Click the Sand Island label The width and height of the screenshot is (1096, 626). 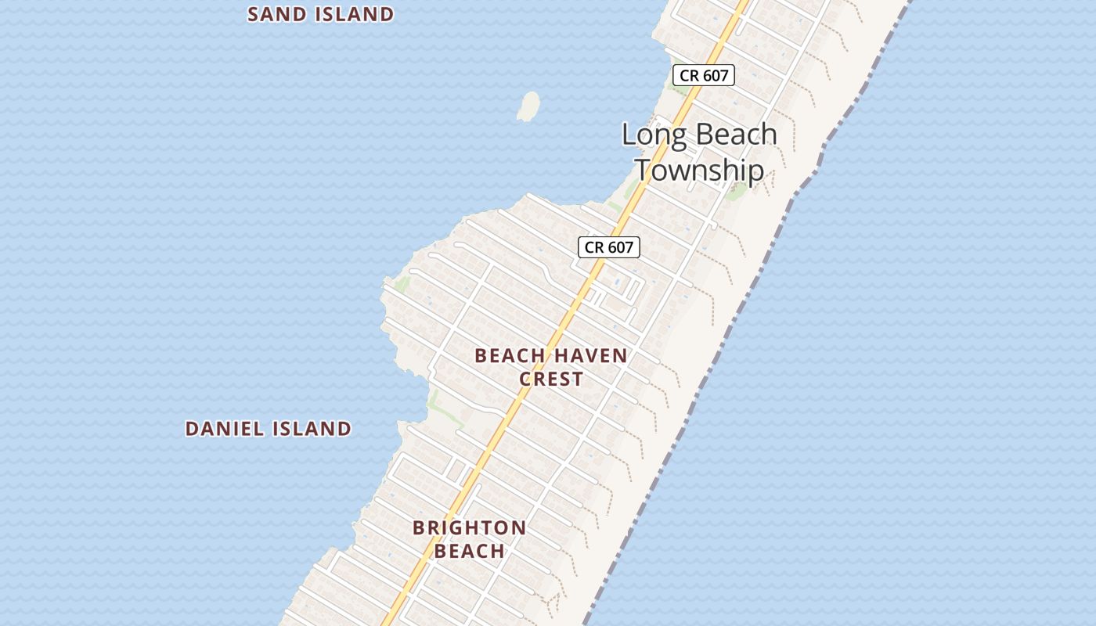coord(320,14)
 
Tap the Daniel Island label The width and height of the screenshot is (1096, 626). coord(268,429)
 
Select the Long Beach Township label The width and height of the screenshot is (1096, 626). coord(699,152)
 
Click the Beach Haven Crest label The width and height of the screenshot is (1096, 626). coord(551,367)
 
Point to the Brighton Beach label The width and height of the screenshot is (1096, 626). coord(470,539)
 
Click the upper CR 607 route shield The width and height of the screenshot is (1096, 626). coord(704,75)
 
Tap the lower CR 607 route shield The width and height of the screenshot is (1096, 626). coord(609,247)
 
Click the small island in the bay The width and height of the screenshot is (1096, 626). coord(529,106)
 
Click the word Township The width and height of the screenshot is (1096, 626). coord(699,170)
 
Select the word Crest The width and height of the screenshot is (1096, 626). coord(551,380)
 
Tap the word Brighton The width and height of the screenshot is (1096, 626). coord(470,527)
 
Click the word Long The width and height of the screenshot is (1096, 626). coord(655,135)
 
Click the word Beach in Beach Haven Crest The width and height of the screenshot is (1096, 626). coord(510,356)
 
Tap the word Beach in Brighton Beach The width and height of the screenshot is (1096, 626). coord(470,551)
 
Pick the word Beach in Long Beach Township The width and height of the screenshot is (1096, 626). coord(737,135)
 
